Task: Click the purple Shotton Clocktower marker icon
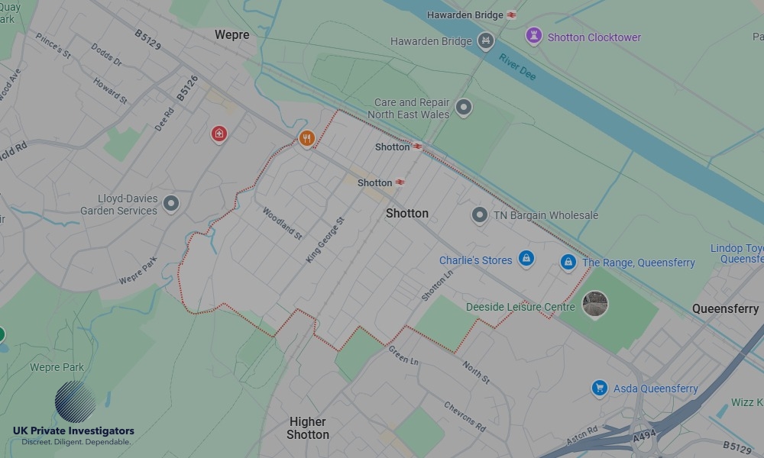[x=533, y=36]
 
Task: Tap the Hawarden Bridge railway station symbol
[x=511, y=15]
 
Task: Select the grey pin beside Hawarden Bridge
[x=485, y=41]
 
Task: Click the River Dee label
[x=517, y=67]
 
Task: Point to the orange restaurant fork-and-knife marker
[x=306, y=138]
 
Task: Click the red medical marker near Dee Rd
[x=219, y=134]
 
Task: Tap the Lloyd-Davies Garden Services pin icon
[x=171, y=203]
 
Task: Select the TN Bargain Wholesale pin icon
[x=479, y=215]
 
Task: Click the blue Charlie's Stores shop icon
[x=526, y=260]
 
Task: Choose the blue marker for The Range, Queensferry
[x=568, y=262]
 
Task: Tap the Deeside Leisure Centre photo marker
[x=595, y=304]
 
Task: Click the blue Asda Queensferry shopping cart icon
[x=600, y=388]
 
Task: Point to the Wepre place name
[x=232, y=35]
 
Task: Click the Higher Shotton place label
[x=308, y=427]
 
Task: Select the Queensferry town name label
[x=725, y=308]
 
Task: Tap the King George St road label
[x=325, y=240]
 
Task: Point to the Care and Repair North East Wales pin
[x=463, y=108]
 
